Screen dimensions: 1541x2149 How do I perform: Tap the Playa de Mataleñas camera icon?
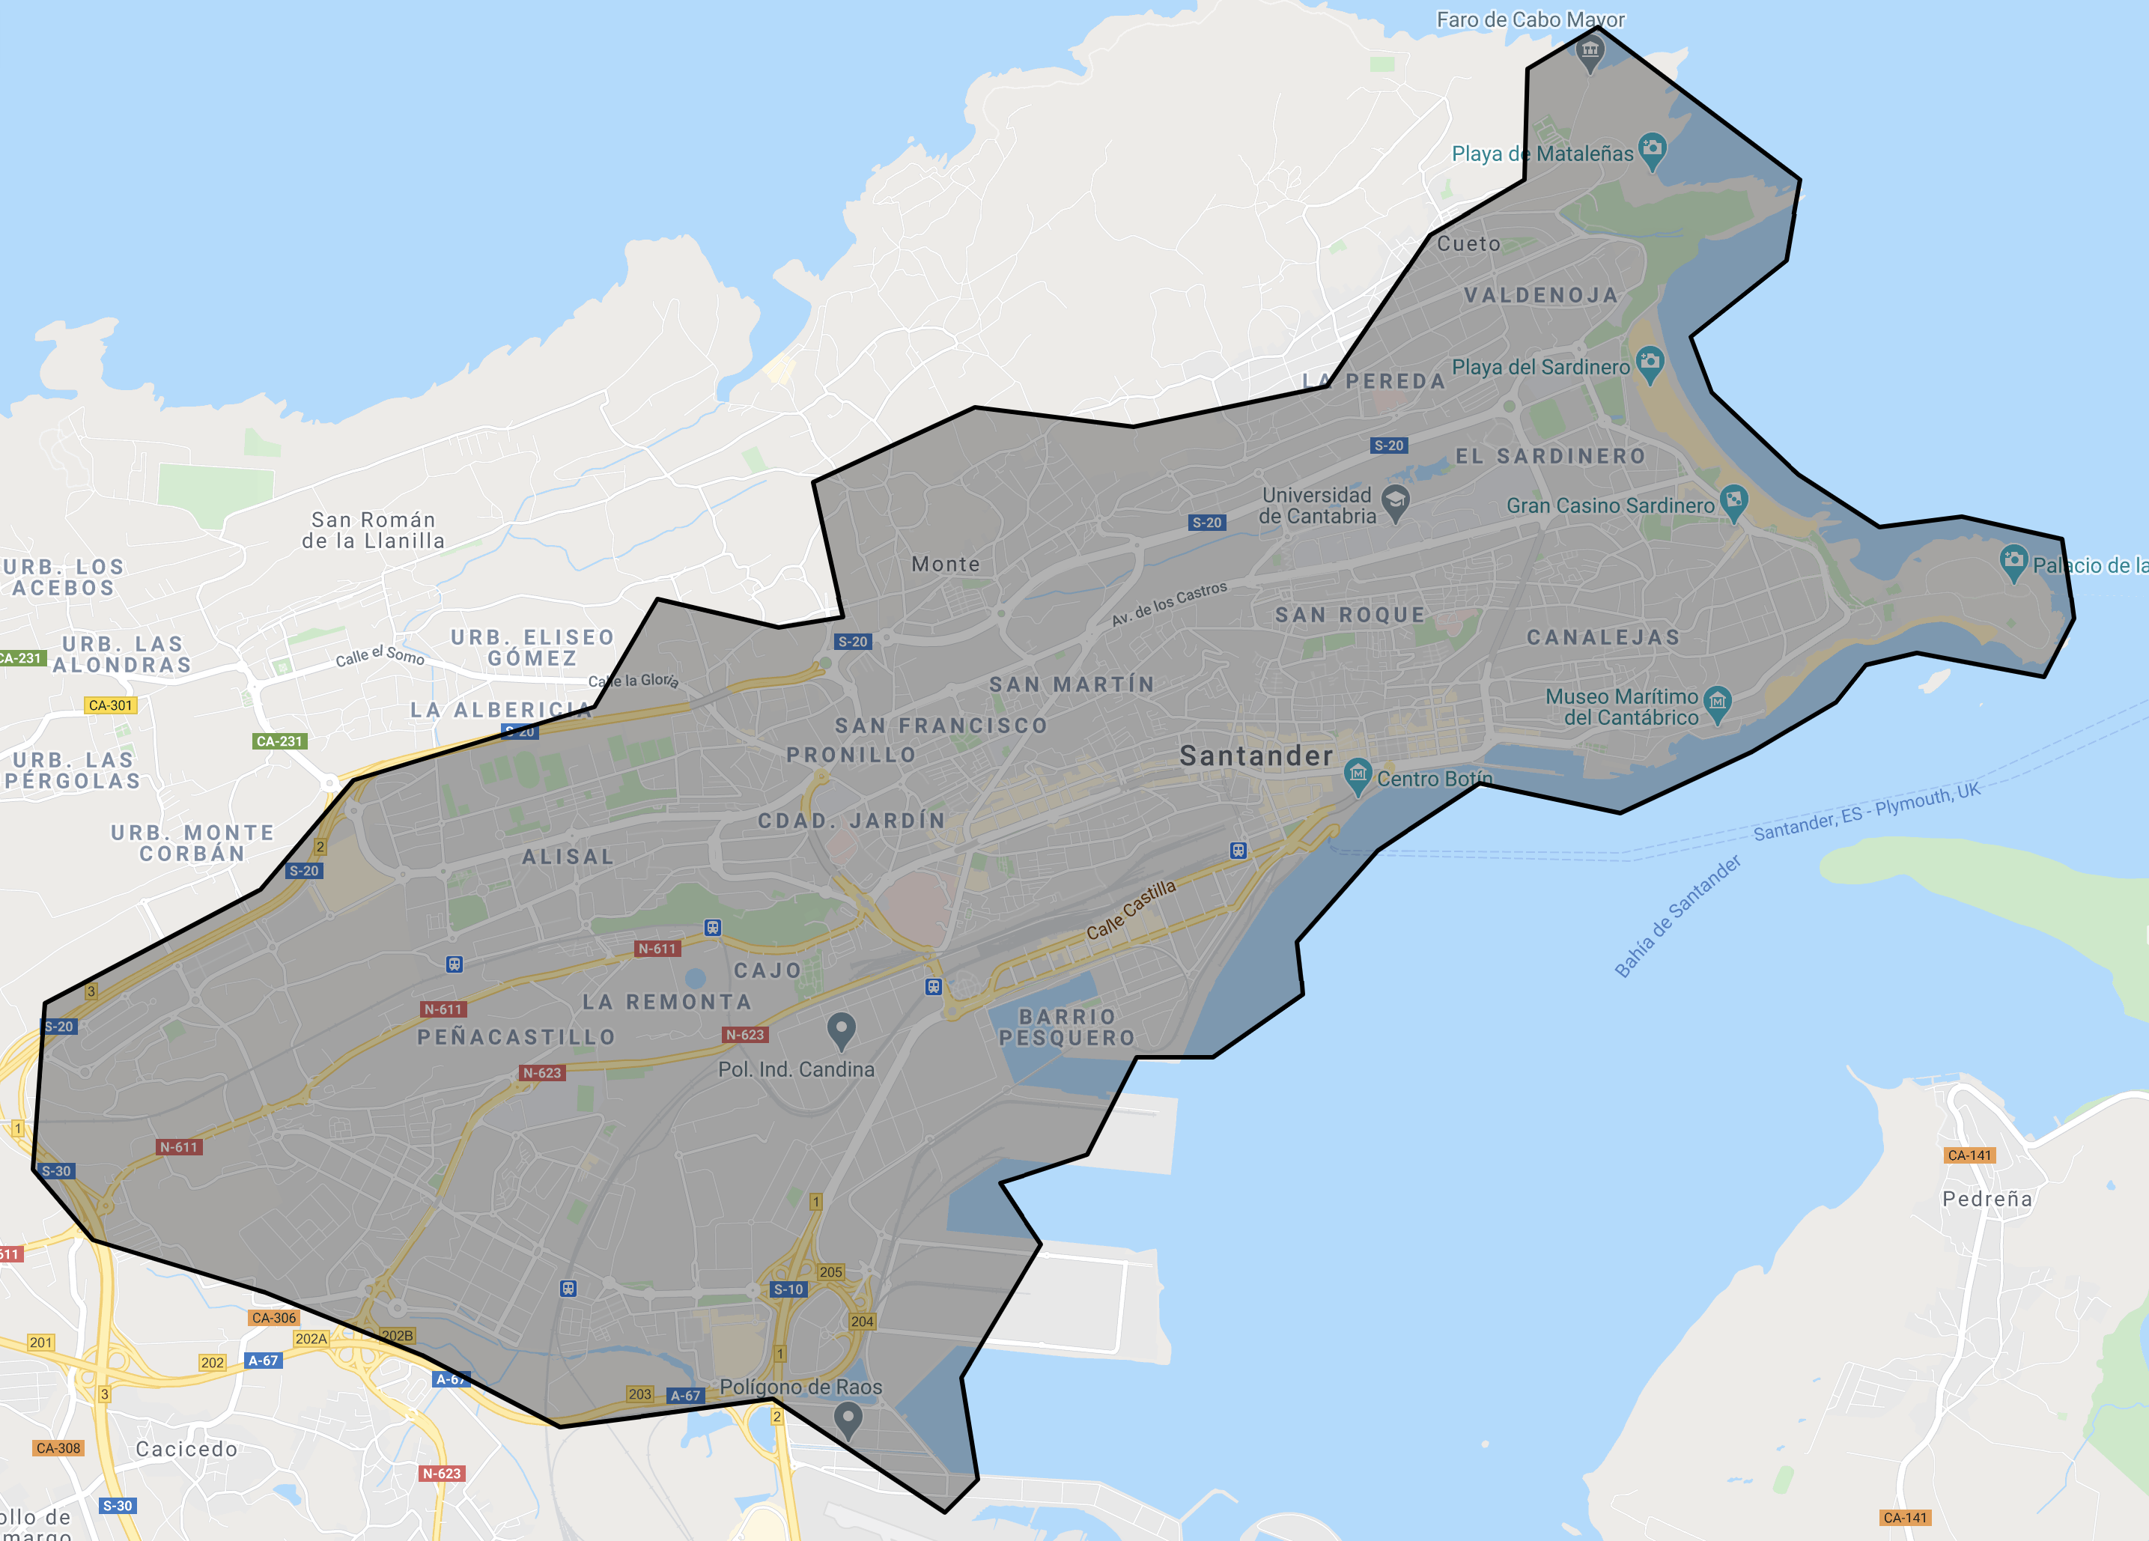pyautogui.click(x=1652, y=149)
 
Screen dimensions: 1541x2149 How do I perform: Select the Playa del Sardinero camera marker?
pyautogui.click(x=1650, y=363)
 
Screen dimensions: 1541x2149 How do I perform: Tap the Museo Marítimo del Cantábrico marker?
pyautogui.click(x=1717, y=702)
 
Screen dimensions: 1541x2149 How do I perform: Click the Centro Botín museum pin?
pyautogui.click(x=1358, y=775)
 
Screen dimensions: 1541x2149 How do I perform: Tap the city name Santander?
pyautogui.click(x=1256, y=756)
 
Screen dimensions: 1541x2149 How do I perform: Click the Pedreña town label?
pyautogui.click(x=1987, y=1199)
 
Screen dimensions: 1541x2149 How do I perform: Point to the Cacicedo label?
pyautogui.click(x=186, y=1449)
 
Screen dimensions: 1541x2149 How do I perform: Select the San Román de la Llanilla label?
pyautogui.click(x=374, y=531)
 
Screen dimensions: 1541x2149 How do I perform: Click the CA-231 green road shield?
pyautogui.click(x=279, y=741)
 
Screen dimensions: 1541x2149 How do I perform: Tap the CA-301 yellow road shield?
pyautogui.click(x=111, y=705)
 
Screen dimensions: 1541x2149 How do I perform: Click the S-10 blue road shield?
pyautogui.click(x=788, y=1289)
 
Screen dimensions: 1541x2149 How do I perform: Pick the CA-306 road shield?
pyautogui.click(x=274, y=1317)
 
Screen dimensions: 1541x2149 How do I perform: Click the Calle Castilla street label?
pyautogui.click(x=1131, y=910)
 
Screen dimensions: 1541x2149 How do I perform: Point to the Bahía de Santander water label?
pyautogui.click(x=1677, y=917)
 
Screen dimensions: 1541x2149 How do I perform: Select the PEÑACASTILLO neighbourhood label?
pyautogui.click(x=517, y=1038)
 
